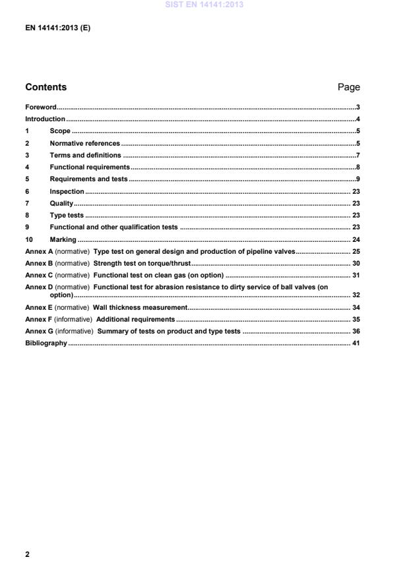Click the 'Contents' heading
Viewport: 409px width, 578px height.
[x=46, y=87]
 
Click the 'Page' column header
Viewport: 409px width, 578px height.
[x=348, y=87]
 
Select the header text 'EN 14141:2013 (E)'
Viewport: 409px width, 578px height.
[x=57, y=29]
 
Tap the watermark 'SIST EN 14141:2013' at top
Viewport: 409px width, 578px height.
[x=204, y=5]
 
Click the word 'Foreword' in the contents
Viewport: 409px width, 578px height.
[x=40, y=107]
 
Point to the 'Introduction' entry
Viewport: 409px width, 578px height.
[x=45, y=119]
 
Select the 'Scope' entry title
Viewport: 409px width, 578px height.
[x=60, y=131]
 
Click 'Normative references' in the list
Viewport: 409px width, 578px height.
[x=84, y=143]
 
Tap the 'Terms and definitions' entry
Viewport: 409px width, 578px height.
[x=85, y=155]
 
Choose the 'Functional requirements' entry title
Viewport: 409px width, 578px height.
[x=89, y=167]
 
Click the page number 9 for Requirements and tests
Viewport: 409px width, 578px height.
[x=358, y=179]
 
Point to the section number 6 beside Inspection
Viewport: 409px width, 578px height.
[x=27, y=191]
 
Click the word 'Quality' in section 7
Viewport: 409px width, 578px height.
[x=61, y=203]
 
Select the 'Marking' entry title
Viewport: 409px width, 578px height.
[x=63, y=239]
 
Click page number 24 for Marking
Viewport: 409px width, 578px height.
[x=356, y=239]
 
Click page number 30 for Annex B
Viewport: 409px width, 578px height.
[x=356, y=264]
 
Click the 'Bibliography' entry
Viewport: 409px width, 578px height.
[x=46, y=343]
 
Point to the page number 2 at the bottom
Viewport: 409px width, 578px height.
[x=27, y=554]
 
